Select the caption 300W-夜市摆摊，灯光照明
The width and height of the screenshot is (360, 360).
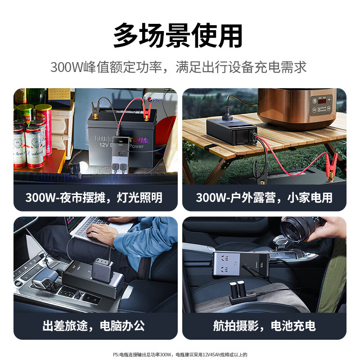pyautogui.click(x=94, y=198)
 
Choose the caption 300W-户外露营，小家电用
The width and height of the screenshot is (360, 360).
pyautogui.click(x=264, y=198)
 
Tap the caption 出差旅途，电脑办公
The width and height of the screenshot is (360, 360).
pyautogui.click(x=94, y=326)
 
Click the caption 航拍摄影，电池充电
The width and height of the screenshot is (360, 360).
pyautogui.click(x=264, y=326)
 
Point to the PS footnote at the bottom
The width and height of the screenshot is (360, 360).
pyautogui.click(x=180, y=355)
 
